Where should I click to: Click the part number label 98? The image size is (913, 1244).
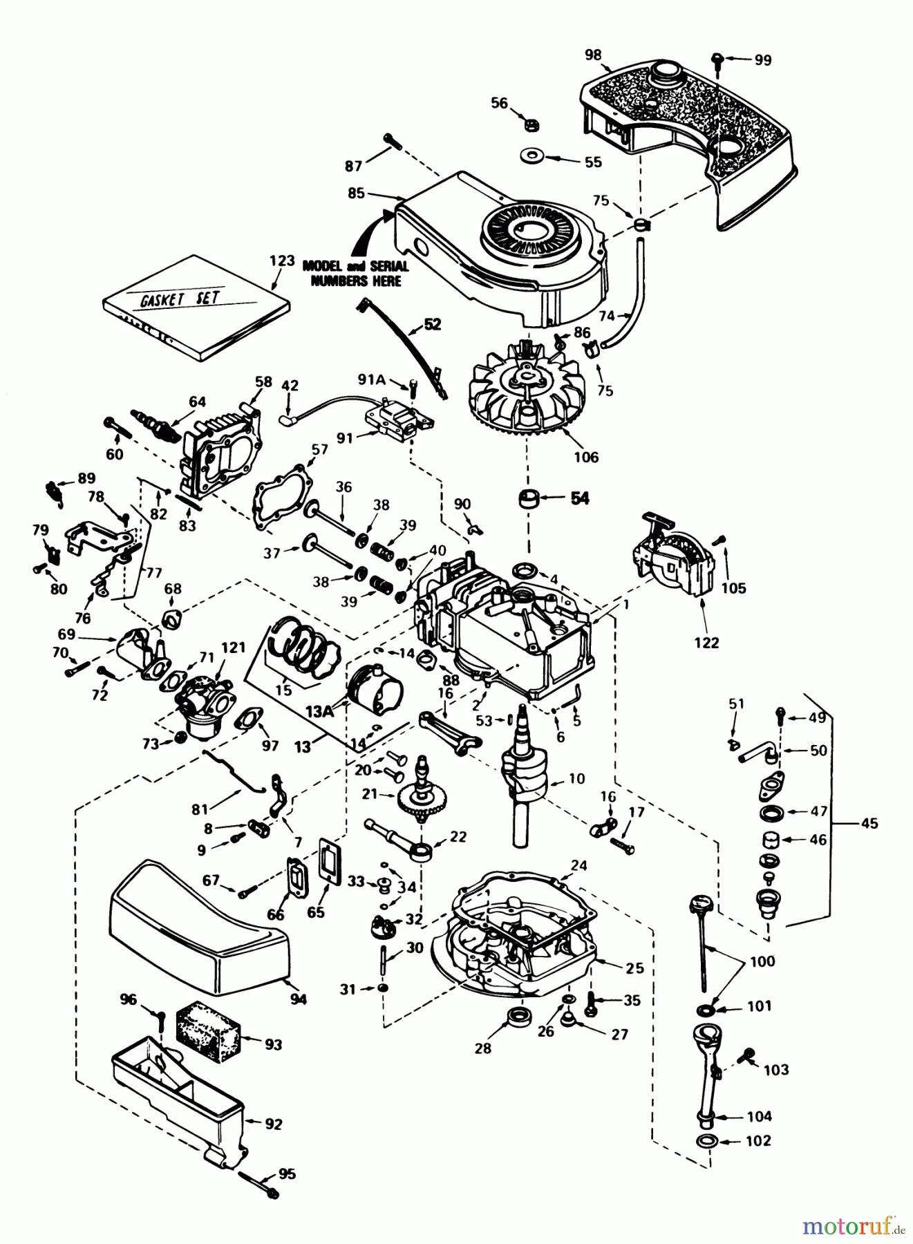[x=592, y=55]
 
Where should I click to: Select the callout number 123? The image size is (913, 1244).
[x=282, y=262]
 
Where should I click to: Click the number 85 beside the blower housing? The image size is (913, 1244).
[x=356, y=194]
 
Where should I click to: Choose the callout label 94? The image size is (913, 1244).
[x=298, y=999]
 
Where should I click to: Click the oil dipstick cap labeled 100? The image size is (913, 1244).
[x=699, y=905]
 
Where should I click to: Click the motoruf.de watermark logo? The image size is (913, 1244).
[x=852, y=1227]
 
